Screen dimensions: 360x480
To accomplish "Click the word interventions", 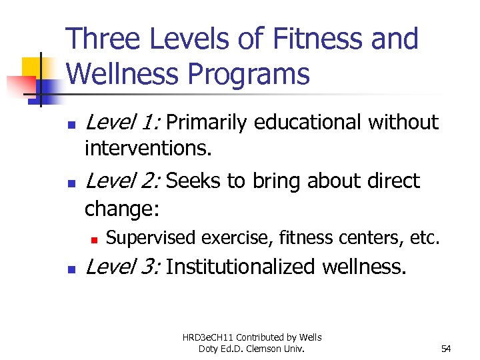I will pos(148,149).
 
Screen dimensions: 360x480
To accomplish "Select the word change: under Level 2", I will pos(122,209).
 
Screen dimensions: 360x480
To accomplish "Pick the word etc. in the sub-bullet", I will pos(425,237).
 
